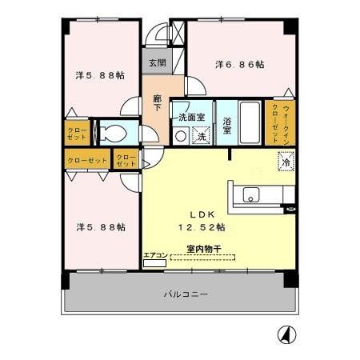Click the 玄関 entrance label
click(x=156, y=63)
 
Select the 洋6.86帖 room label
click(x=239, y=64)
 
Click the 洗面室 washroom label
click(x=191, y=117)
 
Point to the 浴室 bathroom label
click(x=227, y=126)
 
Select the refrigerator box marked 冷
click(x=286, y=163)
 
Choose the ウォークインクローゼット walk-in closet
click(x=280, y=122)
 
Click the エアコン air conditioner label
click(x=154, y=255)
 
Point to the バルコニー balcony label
click(x=186, y=294)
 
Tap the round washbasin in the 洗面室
click(x=181, y=137)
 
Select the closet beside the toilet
click(x=78, y=133)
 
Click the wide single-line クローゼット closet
click(x=86, y=160)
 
